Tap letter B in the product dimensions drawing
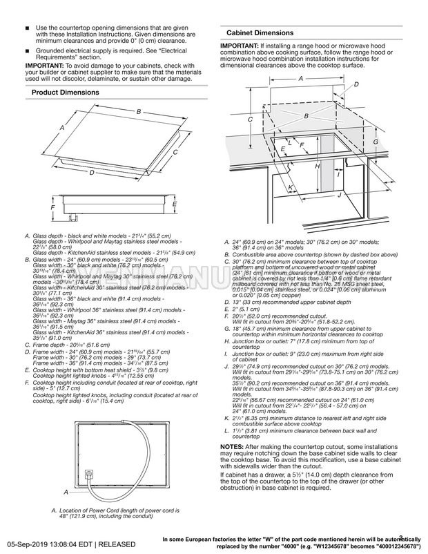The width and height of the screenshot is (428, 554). pyautogui.click(x=138, y=111)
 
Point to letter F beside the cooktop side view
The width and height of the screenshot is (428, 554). pyautogui.click(x=53, y=207)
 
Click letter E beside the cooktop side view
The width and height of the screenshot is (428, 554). pyautogui.click(x=175, y=204)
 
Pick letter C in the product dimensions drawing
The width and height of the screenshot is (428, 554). pyautogui.click(x=175, y=152)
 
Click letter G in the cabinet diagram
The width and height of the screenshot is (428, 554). pyautogui.click(x=375, y=141)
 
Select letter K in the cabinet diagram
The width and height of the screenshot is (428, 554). pyautogui.click(x=290, y=187)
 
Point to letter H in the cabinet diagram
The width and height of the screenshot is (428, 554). pyautogui.click(x=316, y=166)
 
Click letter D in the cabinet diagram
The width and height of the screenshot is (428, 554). pyautogui.click(x=356, y=84)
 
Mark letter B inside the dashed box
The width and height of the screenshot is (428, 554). pyautogui.click(x=306, y=116)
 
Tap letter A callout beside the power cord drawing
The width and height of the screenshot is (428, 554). pyautogui.click(x=66, y=493)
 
